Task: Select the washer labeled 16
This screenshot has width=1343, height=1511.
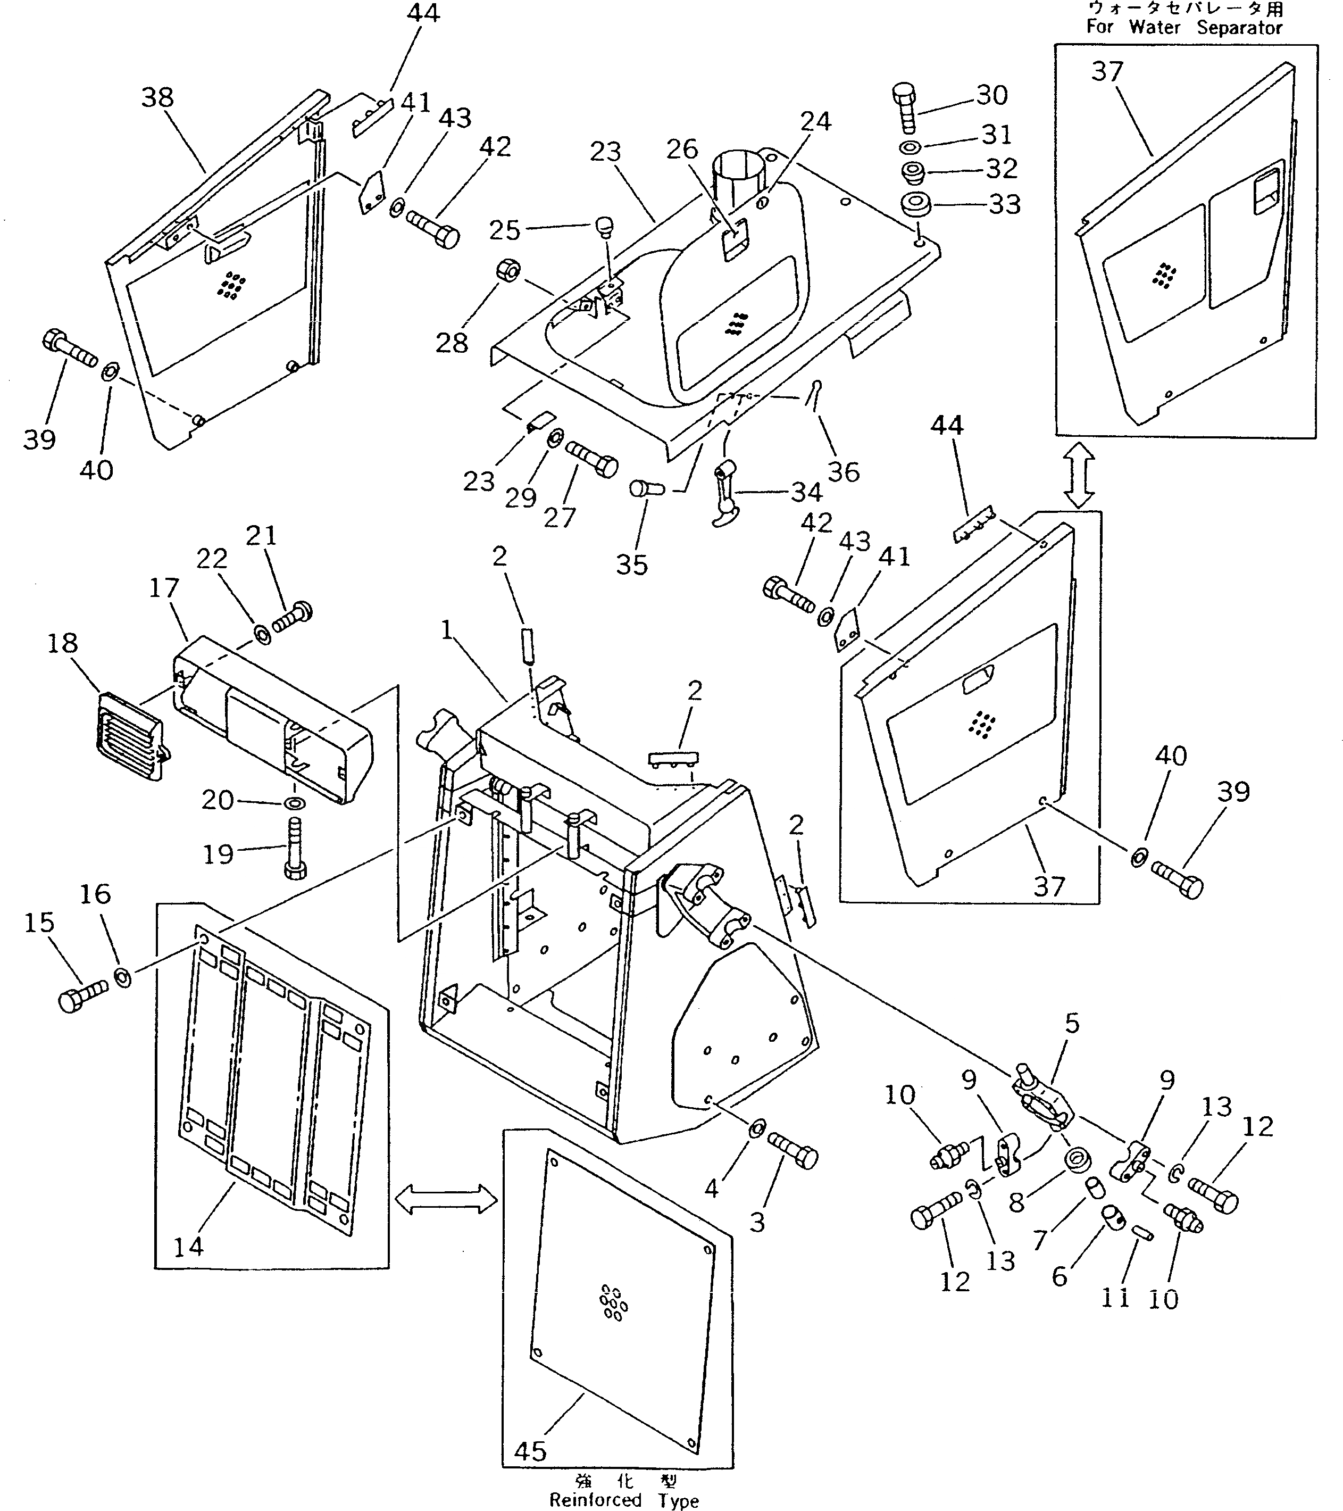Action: coord(123,978)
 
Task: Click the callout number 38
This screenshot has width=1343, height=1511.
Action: coord(157,97)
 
